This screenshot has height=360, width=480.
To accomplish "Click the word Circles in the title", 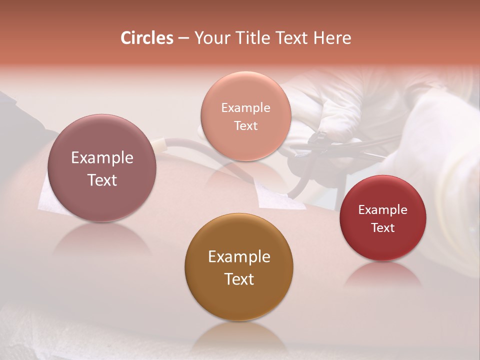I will (x=147, y=38).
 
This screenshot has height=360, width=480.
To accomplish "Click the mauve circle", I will (x=102, y=168).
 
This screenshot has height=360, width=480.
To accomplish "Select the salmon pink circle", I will (x=245, y=116).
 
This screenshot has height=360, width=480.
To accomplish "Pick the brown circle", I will (x=239, y=267).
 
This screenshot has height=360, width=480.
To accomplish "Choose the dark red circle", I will (x=382, y=218).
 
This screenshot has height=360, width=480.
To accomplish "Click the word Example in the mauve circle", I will (x=102, y=158).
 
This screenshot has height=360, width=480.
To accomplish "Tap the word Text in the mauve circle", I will (x=102, y=180).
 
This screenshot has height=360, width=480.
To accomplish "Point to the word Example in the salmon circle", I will (x=245, y=107).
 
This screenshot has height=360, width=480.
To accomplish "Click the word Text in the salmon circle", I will (x=245, y=125).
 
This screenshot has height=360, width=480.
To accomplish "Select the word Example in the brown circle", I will (x=239, y=256).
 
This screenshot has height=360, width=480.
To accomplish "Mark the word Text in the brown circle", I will (x=239, y=279).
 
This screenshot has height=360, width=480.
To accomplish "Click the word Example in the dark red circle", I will (x=382, y=209).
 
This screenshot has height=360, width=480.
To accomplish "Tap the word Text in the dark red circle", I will (x=382, y=227).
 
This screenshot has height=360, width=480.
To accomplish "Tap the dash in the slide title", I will (x=183, y=38).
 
